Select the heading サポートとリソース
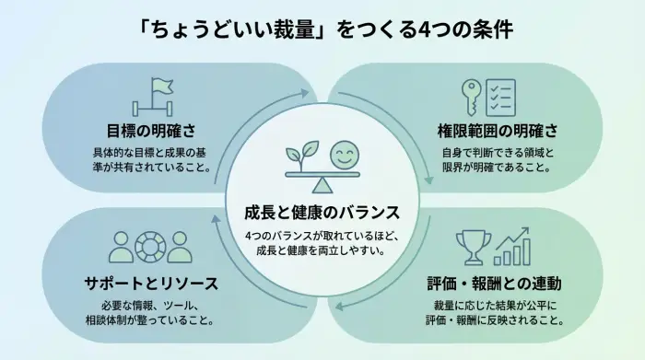point(150,283)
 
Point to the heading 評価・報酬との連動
point(498,283)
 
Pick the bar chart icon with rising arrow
point(511,247)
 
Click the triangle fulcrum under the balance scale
point(322,184)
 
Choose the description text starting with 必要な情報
point(149,312)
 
